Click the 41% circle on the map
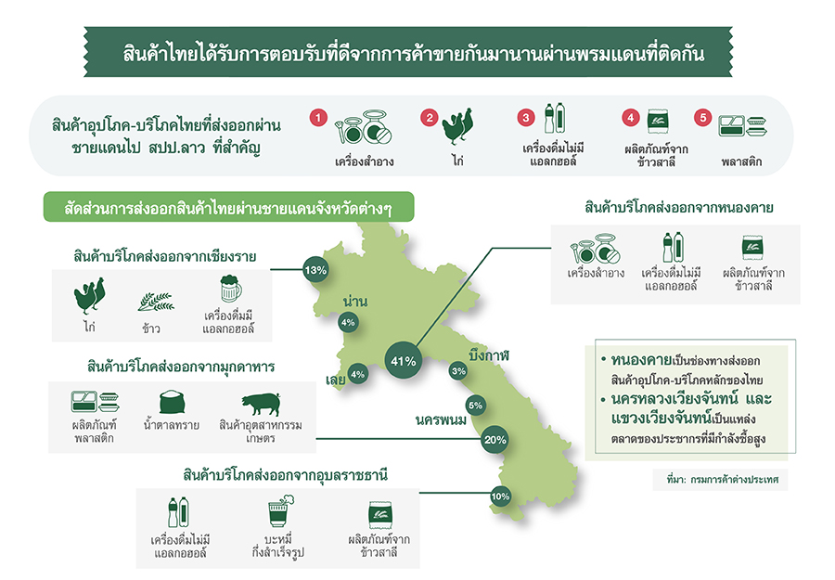click(x=404, y=361)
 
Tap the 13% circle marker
click(x=315, y=270)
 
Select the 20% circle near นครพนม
click(x=495, y=439)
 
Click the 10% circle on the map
click(x=500, y=496)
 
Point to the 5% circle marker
click(x=475, y=406)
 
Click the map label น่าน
click(x=355, y=301)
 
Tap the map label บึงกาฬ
click(x=489, y=354)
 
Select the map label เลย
click(x=336, y=380)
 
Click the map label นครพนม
click(x=441, y=419)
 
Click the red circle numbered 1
click(x=318, y=117)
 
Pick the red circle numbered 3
click(x=526, y=117)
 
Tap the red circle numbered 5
click(x=703, y=117)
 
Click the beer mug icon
click(x=231, y=289)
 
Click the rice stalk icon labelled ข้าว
click(x=156, y=302)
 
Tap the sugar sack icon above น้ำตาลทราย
click(x=172, y=402)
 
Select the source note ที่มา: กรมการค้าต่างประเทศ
click(x=722, y=480)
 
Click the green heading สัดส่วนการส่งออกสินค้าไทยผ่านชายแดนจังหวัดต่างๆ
click(x=228, y=207)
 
